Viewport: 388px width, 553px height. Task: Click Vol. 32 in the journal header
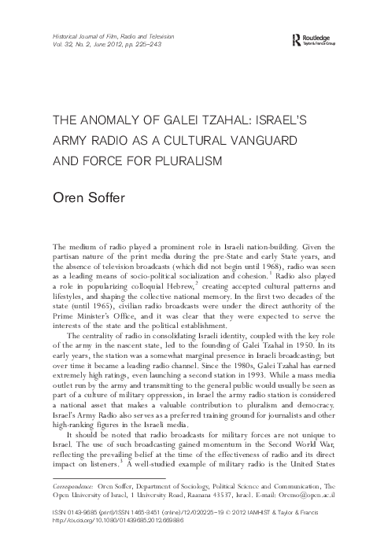point(61,45)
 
